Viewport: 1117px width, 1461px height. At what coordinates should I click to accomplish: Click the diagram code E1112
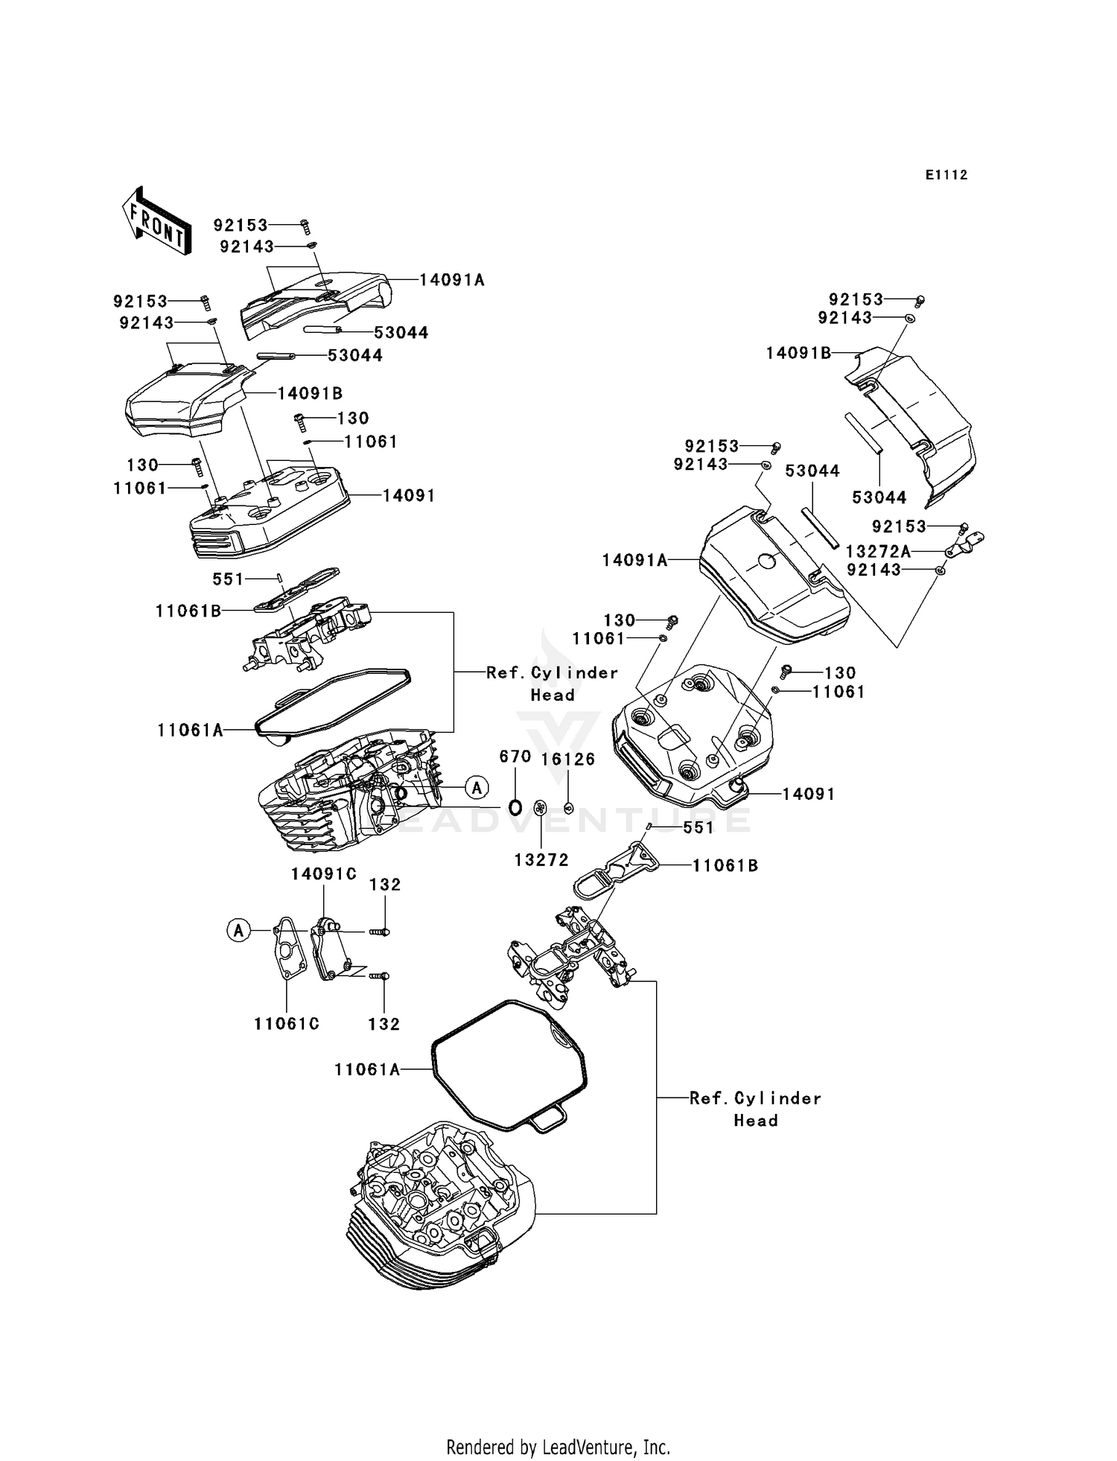pyautogui.click(x=946, y=175)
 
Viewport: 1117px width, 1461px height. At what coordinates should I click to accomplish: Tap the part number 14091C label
pyautogui.click(x=323, y=874)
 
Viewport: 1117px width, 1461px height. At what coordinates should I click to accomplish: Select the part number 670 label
pyautogui.click(x=515, y=757)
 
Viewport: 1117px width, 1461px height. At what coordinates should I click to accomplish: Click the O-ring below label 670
pyautogui.click(x=515, y=806)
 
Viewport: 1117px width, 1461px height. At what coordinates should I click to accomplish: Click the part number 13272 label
pyautogui.click(x=541, y=860)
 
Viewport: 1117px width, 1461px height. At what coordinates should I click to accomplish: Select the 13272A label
pyautogui.click(x=879, y=552)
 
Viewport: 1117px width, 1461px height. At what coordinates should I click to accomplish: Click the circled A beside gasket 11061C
pyautogui.click(x=238, y=930)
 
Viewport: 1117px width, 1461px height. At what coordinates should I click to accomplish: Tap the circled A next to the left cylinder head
pyautogui.click(x=477, y=786)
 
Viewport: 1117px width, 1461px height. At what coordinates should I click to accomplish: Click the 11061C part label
pyautogui.click(x=287, y=1024)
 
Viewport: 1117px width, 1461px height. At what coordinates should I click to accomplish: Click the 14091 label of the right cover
pyautogui.click(x=808, y=794)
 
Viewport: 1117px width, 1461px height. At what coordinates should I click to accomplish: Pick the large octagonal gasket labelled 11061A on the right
pyautogui.click(x=509, y=1066)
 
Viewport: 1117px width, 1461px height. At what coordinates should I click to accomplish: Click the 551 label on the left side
pyautogui.click(x=228, y=579)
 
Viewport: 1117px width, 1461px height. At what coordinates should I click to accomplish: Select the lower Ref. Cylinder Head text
pyautogui.click(x=755, y=1109)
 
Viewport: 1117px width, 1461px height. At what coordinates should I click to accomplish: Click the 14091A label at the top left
pyautogui.click(x=451, y=280)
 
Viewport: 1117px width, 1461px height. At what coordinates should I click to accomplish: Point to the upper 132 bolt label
pyautogui.click(x=384, y=885)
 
